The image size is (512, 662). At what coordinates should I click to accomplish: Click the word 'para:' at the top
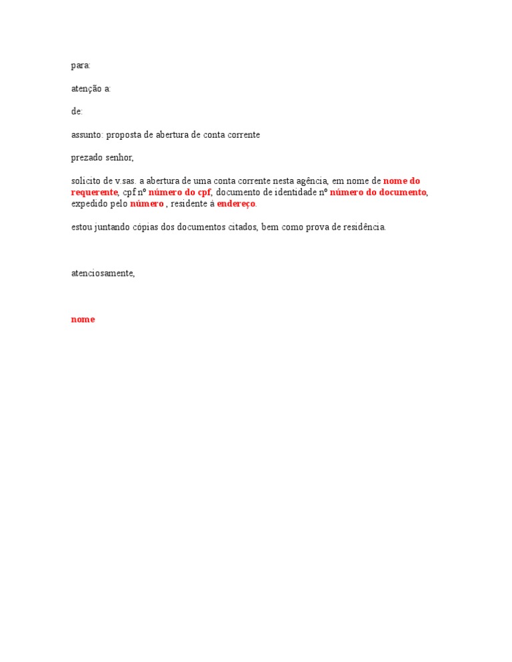click(x=81, y=66)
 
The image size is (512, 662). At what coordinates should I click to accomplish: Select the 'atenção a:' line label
click(x=91, y=89)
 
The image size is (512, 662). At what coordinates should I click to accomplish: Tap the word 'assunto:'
click(x=87, y=135)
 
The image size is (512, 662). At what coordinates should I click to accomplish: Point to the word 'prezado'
click(x=87, y=158)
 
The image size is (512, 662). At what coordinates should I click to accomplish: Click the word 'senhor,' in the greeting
click(x=120, y=158)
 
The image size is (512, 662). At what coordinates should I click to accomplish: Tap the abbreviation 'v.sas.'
click(x=125, y=181)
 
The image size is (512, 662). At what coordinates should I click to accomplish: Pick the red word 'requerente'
click(x=94, y=192)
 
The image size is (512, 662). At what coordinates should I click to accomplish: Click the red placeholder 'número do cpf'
click(x=179, y=192)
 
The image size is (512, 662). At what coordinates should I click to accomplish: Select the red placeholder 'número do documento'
click(x=377, y=192)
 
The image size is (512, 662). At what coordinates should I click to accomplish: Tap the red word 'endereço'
click(x=236, y=204)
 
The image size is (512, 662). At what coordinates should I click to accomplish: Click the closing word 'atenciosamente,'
click(x=103, y=273)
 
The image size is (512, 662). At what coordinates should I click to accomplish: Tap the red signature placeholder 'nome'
click(x=83, y=320)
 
